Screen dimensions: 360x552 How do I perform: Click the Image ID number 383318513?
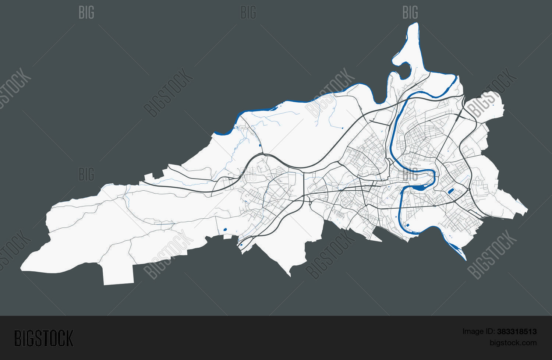coord(516,332)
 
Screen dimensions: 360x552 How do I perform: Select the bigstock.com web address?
coord(513,343)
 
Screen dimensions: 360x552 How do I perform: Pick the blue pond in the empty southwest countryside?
coord(225,230)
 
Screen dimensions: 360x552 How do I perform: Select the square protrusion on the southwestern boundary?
coord(118,274)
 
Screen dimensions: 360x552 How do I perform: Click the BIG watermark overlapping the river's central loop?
coord(410,174)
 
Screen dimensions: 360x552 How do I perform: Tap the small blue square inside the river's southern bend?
coord(408,225)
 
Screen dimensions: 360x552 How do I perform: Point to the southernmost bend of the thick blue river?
coord(412,233)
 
